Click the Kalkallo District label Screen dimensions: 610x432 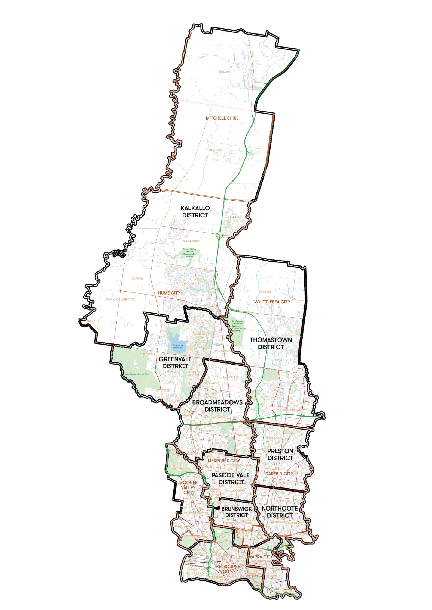click(x=195, y=211)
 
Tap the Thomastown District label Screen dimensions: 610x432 click(x=271, y=343)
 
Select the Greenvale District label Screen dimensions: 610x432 click(x=175, y=362)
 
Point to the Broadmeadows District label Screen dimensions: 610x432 click(x=217, y=406)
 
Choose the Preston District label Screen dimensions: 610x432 click(x=280, y=454)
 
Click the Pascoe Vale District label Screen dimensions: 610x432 click(x=231, y=478)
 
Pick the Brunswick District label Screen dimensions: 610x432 click(x=236, y=512)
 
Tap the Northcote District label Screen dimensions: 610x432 click(x=280, y=512)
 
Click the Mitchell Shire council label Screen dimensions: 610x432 click(x=222, y=118)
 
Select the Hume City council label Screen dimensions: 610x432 click(x=169, y=293)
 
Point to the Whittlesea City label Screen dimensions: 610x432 click(x=272, y=302)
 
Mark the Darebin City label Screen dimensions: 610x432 click(x=279, y=474)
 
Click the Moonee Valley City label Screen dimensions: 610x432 click(x=188, y=487)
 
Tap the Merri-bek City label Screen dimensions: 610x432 click(x=224, y=461)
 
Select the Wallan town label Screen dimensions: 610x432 click(x=224, y=72)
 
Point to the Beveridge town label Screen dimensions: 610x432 click(x=217, y=150)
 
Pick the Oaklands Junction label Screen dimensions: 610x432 click(x=120, y=299)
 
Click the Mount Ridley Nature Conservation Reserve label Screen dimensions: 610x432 click(x=189, y=253)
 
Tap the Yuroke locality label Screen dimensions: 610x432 click(x=137, y=279)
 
